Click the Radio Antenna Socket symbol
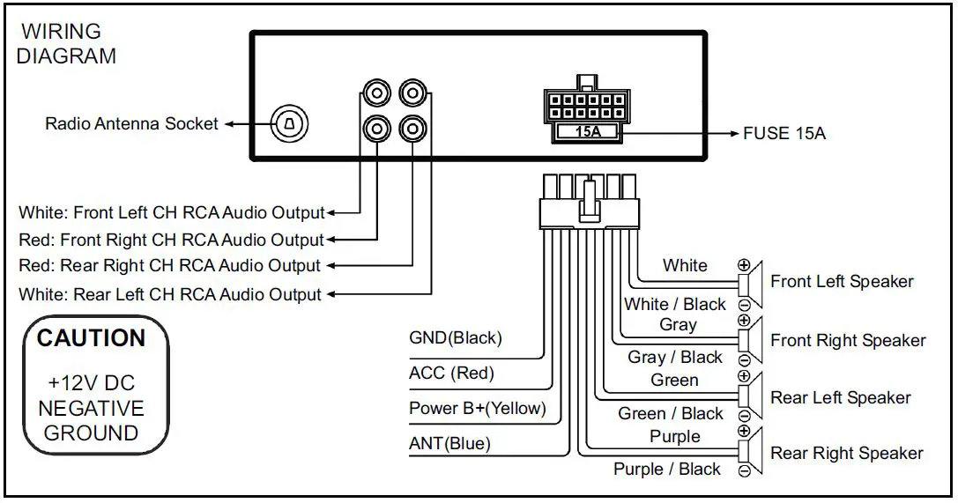click(288, 124)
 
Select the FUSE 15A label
click(784, 134)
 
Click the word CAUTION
click(91, 338)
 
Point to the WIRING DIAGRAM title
click(66, 44)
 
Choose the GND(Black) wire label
click(455, 337)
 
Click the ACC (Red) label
click(451, 374)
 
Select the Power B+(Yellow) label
click(477, 409)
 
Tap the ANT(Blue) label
click(449, 444)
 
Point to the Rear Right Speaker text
click(846, 454)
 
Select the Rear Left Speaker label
click(840, 398)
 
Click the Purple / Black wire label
click(667, 470)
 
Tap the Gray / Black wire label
click(675, 358)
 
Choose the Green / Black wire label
click(671, 413)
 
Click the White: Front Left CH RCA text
click(171, 212)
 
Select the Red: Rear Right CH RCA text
click(169, 265)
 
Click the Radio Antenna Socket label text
click(131, 124)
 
